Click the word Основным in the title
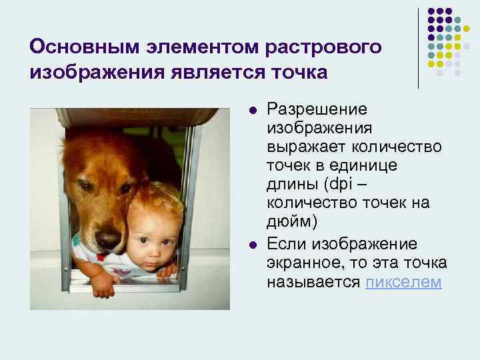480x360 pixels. pyautogui.click(x=75, y=47)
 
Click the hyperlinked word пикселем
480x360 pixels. pyautogui.click(x=403, y=282)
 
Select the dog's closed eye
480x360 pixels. pyautogui.click(x=87, y=187)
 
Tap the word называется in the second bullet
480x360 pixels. pyautogui.click(x=314, y=282)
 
